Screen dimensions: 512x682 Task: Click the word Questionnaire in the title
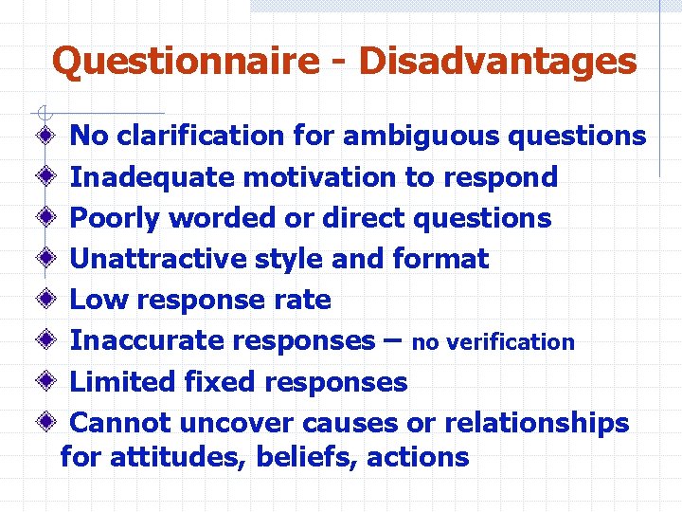[187, 62]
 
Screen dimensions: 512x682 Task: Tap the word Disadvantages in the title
[498, 62]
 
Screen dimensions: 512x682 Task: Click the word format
[440, 259]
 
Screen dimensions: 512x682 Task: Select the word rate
[304, 300]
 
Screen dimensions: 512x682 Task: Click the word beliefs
[314, 457]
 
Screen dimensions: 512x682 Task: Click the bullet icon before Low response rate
[45, 300]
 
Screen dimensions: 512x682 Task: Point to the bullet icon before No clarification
[45, 136]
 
